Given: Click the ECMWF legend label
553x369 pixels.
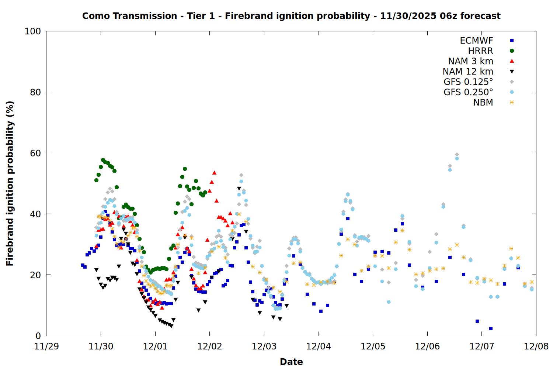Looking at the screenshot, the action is [476, 41].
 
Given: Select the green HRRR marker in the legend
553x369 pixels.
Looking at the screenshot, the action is [512, 51].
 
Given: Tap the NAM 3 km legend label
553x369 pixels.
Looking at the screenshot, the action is [470, 61].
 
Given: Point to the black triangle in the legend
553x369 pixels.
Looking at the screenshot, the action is [512, 72].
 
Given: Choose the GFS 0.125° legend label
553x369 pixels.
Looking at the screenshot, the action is [468, 82].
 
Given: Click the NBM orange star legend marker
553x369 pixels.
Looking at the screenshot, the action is [512, 103].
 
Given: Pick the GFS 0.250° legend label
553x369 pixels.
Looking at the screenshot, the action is [468, 92].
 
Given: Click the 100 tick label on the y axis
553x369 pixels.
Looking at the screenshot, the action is [32, 31].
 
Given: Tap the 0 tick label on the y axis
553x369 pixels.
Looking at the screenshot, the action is [38, 336].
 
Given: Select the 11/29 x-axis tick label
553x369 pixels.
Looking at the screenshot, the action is [46, 346].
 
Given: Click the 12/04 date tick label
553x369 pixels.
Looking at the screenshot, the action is [319, 346].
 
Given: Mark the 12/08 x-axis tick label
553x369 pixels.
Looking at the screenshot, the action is [536, 346].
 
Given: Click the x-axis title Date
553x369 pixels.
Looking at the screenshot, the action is [291, 362].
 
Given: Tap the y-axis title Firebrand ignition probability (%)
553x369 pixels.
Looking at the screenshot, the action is [10, 183].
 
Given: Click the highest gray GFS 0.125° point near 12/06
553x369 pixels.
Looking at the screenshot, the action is [457, 155].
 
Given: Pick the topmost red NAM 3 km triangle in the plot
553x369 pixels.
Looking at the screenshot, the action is [214, 173].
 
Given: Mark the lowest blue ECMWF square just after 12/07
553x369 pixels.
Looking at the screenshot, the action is [491, 328].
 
